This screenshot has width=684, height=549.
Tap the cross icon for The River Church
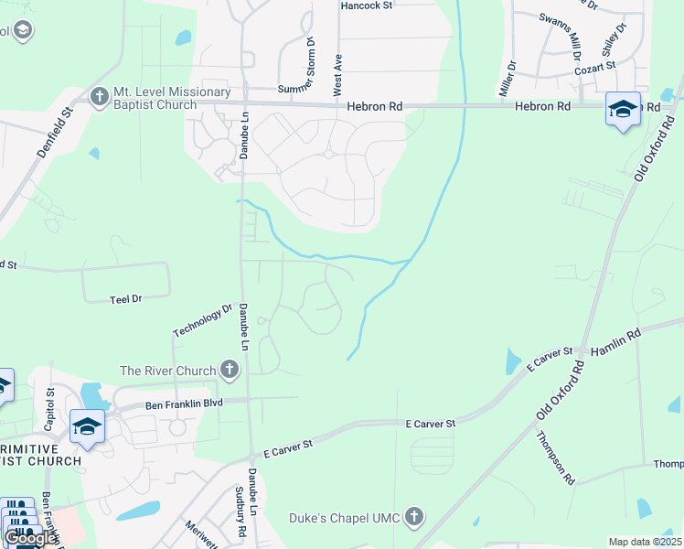[x=229, y=371]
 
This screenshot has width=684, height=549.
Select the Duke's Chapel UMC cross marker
[x=415, y=518]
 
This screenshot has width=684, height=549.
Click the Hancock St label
[x=366, y=5]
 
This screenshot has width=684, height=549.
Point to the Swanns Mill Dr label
[x=561, y=30]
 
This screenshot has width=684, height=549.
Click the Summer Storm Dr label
[x=310, y=65]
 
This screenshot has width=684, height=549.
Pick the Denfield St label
[x=55, y=134]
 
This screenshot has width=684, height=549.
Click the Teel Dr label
[x=126, y=299]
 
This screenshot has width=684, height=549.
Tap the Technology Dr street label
[x=203, y=320]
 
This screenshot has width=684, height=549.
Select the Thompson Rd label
[x=554, y=457]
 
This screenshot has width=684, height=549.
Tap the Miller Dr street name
[x=508, y=80]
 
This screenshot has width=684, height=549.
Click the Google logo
[x=29, y=538]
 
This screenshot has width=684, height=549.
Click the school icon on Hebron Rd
[x=623, y=109]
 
